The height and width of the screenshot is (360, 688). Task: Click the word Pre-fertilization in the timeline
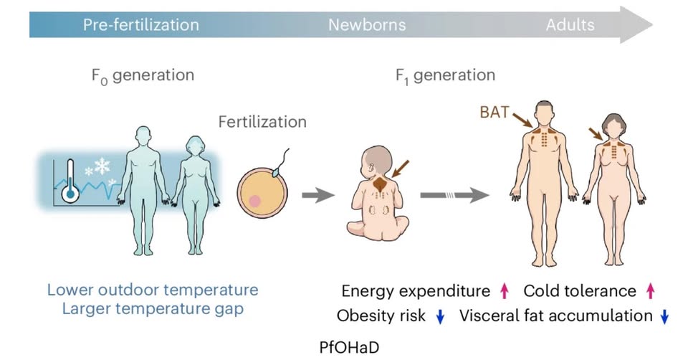[140, 25]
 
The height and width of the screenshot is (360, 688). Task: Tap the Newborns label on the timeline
[367, 25]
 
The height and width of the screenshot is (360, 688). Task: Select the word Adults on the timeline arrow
[570, 25]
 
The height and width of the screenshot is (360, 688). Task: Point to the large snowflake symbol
[102, 167]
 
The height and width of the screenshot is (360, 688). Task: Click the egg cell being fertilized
[262, 193]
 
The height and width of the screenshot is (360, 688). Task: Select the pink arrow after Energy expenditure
[504, 290]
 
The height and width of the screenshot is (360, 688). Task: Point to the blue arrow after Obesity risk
[440, 316]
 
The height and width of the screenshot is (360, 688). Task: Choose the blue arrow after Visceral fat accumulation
[664, 316]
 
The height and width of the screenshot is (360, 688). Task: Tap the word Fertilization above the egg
[262, 122]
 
